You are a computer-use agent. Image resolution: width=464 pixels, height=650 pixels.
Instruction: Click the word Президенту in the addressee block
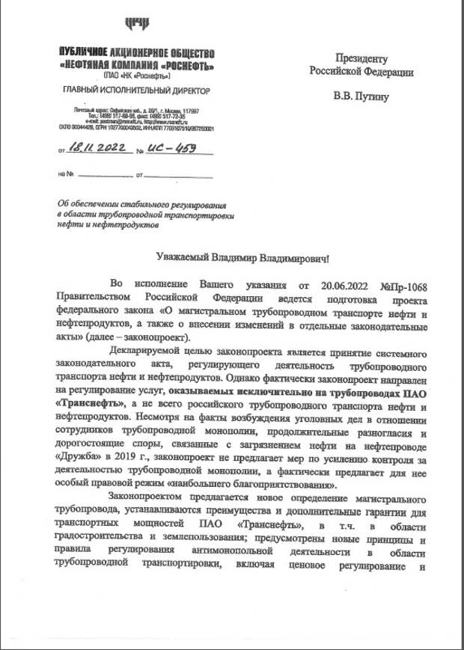coord(362,58)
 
